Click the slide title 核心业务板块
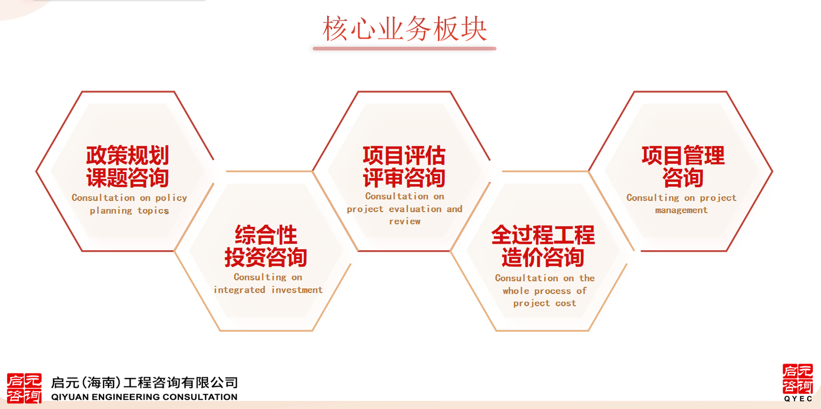click(x=405, y=29)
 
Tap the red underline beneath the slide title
click(x=405, y=49)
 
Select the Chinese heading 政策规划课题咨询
click(x=128, y=166)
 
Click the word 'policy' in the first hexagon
click(x=171, y=198)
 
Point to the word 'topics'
click(x=153, y=211)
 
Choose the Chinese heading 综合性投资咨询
click(x=266, y=246)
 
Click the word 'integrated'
click(x=239, y=290)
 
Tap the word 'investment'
click(x=297, y=290)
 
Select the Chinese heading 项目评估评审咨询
click(x=404, y=166)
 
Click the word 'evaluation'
click(x=415, y=209)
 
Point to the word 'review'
click(x=405, y=221)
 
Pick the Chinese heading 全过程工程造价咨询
click(x=543, y=246)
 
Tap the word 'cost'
click(x=566, y=304)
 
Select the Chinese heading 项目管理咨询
click(x=683, y=166)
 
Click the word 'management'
click(x=681, y=210)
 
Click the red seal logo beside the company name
click(x=24, y=388)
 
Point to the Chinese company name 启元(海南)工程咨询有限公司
click(x=144, y=382)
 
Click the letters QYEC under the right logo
click(x=799, y=399)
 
